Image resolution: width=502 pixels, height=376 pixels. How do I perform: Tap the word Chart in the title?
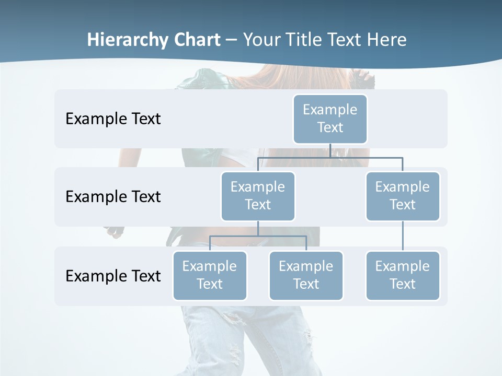click(197, 40)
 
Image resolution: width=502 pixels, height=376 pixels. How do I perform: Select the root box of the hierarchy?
click(330, 119)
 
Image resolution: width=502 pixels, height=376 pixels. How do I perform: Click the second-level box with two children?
click(258, 196)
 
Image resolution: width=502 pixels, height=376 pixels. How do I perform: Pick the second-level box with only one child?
click(403, 196)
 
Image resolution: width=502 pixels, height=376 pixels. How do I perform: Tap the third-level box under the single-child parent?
click(403, 275)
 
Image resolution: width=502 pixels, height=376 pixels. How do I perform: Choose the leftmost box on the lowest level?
click(210, 275)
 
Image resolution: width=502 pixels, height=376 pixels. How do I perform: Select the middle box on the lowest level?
click(306, 275)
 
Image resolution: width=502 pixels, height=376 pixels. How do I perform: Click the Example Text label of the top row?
click(113, 119)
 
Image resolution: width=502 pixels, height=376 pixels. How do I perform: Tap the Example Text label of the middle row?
click(113, 196)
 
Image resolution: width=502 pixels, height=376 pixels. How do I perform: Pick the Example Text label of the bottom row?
click(113, 276)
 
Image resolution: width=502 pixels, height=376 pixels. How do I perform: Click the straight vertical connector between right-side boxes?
click(403, 236)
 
